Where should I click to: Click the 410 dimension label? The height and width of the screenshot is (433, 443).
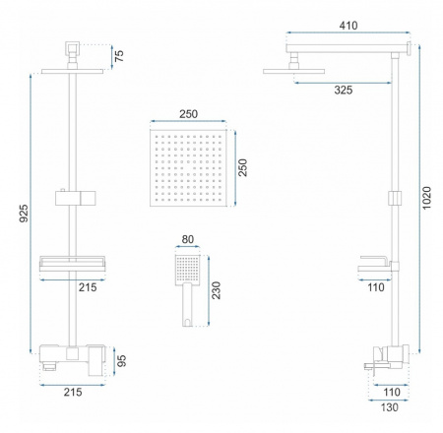348,26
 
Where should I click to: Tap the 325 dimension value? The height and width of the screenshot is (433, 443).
344,90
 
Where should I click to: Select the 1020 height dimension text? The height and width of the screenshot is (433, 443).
426,198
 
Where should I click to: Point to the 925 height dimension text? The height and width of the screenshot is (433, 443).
24,214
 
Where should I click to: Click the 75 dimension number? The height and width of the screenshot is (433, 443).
119,56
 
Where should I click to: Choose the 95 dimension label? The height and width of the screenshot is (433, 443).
122,361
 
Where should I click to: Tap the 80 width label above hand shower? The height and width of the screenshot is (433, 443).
187,239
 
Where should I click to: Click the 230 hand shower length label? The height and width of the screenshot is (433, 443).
216,290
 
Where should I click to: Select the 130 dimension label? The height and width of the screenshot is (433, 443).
389,407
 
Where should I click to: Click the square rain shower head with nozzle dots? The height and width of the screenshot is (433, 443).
188,167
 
